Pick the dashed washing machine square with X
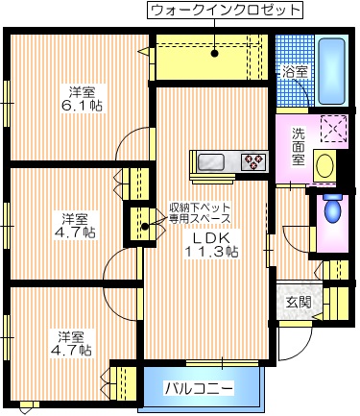click(331, 129)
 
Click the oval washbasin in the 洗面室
click(324, 165)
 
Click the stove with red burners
click(253, 161)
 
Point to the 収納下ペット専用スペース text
click(201, 212)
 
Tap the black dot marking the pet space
click(145, 228)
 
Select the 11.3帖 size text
click(211, 252)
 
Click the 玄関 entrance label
click(298, 302)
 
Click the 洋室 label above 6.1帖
click(81, 92)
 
